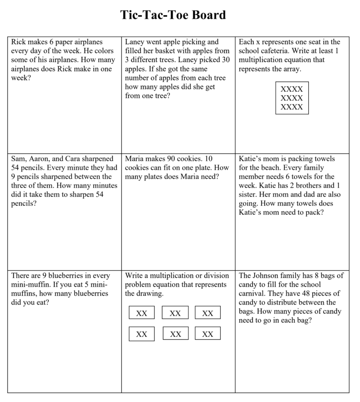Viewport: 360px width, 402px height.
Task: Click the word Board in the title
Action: tap(209, 15)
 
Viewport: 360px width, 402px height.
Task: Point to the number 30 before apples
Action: tap(226, 60)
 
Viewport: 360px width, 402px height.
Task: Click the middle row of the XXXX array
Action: tap(292, 98)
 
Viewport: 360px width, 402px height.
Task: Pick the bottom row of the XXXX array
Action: tap(292, 107)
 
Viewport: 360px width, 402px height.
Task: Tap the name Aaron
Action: tap(41, 159)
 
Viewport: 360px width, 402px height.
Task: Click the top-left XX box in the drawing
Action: tap(142, 313)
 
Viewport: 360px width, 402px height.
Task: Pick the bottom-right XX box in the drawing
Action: tap(207, 334)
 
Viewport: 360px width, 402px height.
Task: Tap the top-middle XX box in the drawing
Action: tap(175, 313)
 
